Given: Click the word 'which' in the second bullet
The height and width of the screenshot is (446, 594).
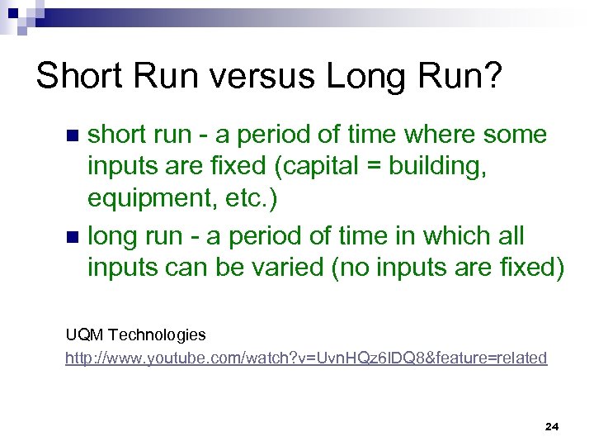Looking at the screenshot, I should (456, 236).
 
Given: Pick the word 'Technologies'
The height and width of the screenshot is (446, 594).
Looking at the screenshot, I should (158, 334).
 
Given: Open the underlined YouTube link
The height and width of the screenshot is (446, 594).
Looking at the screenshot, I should (306, 358).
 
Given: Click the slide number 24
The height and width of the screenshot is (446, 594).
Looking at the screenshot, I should (552, 426).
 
